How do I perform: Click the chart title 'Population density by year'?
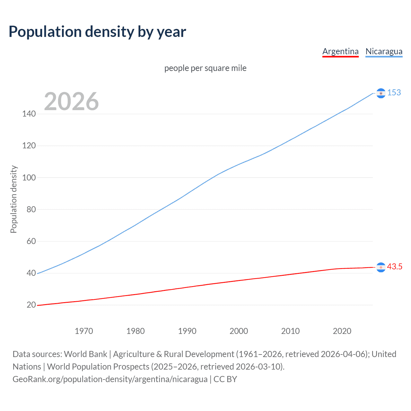pyautogui.click(x=97, y=31)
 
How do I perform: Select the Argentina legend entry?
pyautogui.click(x=340, y=51)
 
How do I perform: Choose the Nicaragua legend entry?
pyautogui.click(x=384, y=51)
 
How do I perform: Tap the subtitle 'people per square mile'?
pyautogui.click(x=205, y=68)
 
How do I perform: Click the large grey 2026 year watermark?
pyautogui.click(x=71, y=101)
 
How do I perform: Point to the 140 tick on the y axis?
pyautogui.click(x=29, y=114)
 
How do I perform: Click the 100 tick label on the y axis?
pyautogui.click(x=29, y=178)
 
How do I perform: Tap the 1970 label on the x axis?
pyautogui.click(x=84, y=331)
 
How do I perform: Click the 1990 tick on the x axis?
pyautogui.click(x=187, y=331)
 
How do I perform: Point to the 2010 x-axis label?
pyautogui.click(x=290, y=331)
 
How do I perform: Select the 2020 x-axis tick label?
pyautogui.click(x=342, y=331)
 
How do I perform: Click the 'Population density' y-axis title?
pyautogui.click(x=13, y=199)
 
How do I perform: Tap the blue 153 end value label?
pyautogui.click(x=394, y=92)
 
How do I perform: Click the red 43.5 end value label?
pyautogui.click(x=395, y=267)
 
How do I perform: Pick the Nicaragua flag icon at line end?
pyautogui.click(x=381, y=93)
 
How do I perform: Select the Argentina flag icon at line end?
pyautogui.click(x=381, y=267)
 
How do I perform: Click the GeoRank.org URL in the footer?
pyautogui.click(x=110, y=379)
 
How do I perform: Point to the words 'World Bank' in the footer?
pyautogui.click(x=85, y=354)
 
